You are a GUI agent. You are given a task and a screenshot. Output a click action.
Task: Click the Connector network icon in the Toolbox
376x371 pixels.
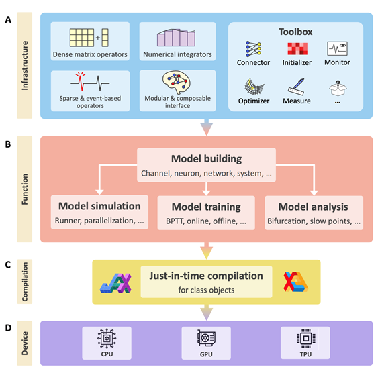pos(253,49)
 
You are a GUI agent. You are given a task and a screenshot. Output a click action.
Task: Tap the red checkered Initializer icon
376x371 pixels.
pos(297,49)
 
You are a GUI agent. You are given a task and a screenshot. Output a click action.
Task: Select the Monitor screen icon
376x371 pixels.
pos(337,48)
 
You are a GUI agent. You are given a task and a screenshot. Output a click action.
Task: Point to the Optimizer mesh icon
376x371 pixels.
pos(254,87)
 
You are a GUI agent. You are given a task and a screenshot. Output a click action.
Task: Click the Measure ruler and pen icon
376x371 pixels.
pos(296,87)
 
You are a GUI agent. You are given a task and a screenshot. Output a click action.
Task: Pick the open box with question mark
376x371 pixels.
pos(338,88)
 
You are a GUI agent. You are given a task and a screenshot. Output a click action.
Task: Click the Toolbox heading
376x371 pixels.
pos(295,32)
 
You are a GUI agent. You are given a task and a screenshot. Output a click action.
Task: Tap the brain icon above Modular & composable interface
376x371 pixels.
pos(177,82)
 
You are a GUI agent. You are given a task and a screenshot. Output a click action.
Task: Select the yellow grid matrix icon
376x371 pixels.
pos(89,38)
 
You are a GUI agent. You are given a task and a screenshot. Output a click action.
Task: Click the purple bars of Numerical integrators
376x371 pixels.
pos(176,38)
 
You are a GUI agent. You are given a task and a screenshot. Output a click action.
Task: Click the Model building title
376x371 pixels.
pos(207,158)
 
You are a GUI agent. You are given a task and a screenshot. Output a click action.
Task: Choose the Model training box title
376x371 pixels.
pos(206,207)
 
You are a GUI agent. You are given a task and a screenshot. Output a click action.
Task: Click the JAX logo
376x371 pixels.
pos(115,283)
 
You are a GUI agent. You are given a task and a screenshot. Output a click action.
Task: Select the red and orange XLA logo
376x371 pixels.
pos(295,282)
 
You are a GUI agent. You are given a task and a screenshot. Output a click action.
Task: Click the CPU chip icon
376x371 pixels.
pos(107,338)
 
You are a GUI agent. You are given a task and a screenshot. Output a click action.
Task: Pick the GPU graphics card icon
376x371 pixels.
pos(206,338)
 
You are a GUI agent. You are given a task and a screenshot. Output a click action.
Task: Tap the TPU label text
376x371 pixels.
pos(305,354)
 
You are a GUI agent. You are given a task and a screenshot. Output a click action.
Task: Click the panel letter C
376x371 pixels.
pos(8,265)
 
